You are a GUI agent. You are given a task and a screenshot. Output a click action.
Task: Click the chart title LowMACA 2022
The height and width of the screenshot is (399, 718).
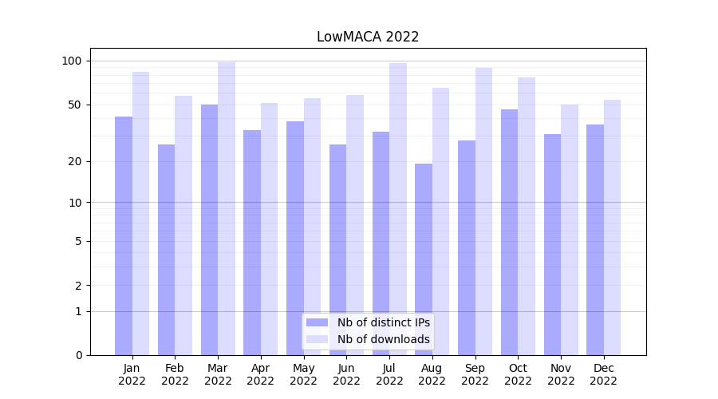tap(367, 37)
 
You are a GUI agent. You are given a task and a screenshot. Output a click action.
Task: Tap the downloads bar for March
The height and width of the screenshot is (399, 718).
tap(227, 207)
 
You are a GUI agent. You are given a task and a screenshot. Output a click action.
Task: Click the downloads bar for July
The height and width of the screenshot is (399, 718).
tap(398, 207)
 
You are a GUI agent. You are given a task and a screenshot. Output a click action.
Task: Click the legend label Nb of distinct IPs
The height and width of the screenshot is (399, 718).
tap(383, 322)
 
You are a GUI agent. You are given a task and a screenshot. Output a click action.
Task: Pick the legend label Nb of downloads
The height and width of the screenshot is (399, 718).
tap(383, 339)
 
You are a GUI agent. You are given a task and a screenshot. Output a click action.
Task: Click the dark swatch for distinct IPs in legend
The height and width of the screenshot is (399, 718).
tap(317, 322)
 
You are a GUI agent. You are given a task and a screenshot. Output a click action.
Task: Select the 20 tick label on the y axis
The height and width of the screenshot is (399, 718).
tap(77, 161)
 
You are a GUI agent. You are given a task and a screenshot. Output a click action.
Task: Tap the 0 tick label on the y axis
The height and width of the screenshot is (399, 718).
tap(79, 355)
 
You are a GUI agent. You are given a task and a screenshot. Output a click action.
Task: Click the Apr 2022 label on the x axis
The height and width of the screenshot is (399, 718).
tap(261, 374)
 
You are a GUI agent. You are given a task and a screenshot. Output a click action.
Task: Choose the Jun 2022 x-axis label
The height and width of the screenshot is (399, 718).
tap(346, 374)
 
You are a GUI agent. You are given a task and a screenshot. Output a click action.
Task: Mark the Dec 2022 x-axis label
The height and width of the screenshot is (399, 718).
tap(604, 374)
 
